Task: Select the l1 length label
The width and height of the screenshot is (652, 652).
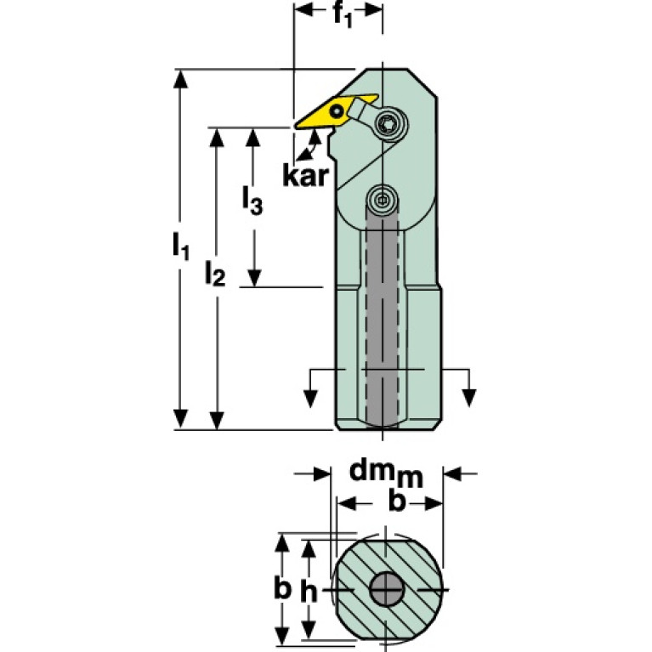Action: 179,247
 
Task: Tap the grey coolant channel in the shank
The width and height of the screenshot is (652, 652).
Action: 382,323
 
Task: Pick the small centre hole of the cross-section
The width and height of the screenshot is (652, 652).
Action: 387,589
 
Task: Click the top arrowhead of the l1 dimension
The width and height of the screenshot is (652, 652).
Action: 179,78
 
